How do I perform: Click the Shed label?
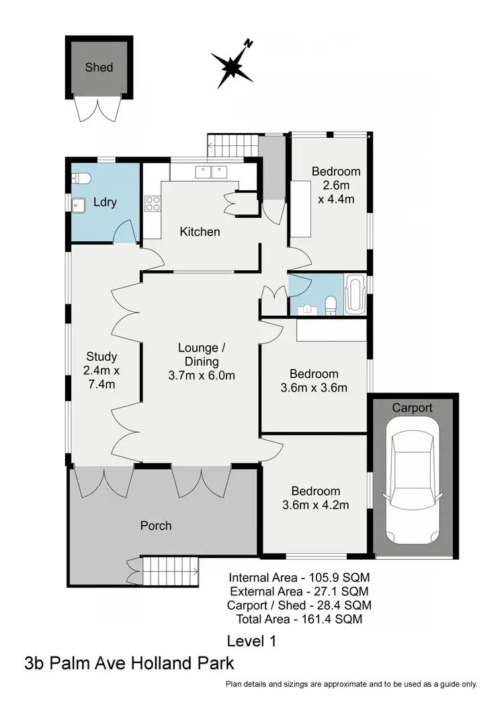(99, 67)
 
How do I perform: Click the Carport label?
(412, 408)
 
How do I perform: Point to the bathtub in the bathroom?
(355, 294)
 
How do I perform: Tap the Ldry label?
(106, 202)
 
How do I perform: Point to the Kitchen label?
(200, 232)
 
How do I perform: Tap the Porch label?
(155, 526)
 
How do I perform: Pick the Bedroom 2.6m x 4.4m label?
(336, 185)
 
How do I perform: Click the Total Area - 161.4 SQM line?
(300, 619)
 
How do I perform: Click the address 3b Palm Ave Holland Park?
(130, 664)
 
